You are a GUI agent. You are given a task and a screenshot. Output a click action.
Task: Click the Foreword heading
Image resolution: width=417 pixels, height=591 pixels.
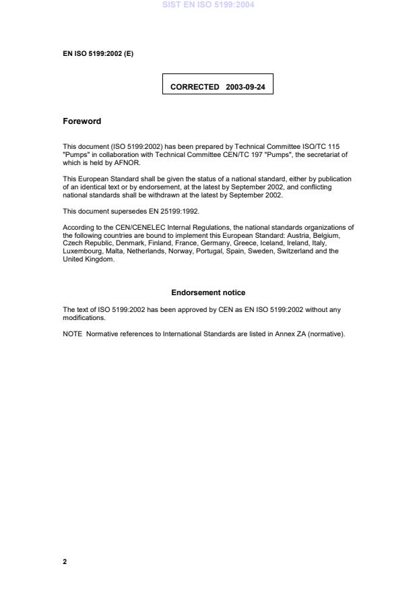click(82, 121)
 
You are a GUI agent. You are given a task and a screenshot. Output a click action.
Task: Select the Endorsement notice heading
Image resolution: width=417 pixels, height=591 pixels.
click(208, 292)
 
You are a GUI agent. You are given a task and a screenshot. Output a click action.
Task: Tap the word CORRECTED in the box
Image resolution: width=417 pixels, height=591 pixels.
click(195, 87)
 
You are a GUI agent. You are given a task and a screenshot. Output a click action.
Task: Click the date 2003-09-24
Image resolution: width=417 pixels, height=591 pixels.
click(245, 87)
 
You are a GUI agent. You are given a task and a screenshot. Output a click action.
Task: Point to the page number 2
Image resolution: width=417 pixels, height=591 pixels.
click(65, 561)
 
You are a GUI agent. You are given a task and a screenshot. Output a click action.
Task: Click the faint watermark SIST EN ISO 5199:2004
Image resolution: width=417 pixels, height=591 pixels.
click(208, 5)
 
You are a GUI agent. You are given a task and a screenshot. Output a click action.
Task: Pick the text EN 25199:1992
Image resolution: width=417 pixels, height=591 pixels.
click(177, 211)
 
